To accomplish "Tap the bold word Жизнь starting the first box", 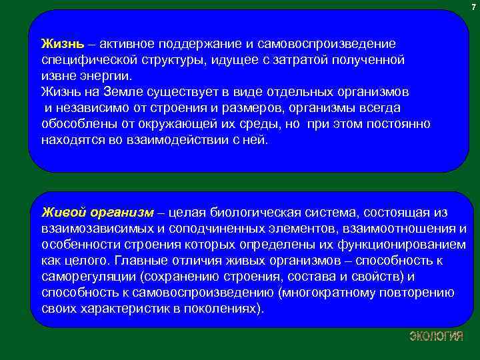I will point(63,44).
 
